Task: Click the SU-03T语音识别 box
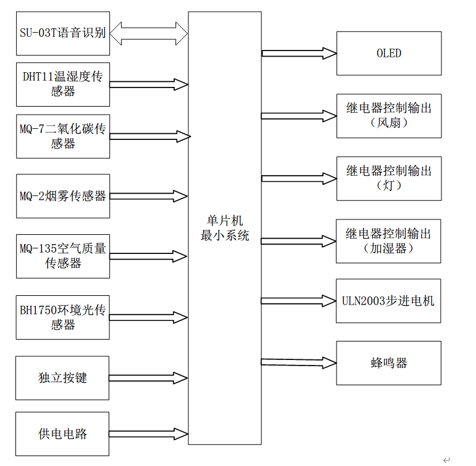coord(63,33)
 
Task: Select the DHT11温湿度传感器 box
coord(63,83)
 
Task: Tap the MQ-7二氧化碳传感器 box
coord(63,136)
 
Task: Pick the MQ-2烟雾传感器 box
coord(63,196)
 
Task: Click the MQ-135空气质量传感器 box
coord(63,256)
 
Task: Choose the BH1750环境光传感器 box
coord(63,317)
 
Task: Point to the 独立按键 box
coord(63,377)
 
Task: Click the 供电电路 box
coord(63,433)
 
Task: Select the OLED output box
coord(389,54)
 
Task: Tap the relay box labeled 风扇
coord(389,116)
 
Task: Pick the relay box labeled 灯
coord(389,178)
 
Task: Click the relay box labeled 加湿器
coord(389,241)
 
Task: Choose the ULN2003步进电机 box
coord(389,301)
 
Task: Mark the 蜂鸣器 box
coord(389,363)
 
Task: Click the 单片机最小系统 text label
coord(225,228)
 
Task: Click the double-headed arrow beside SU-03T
coord(149,33)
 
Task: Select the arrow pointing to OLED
coord(299,54)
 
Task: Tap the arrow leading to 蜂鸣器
coord(299,362)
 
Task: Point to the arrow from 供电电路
coord(149,433)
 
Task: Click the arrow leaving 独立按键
coord(149,377)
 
